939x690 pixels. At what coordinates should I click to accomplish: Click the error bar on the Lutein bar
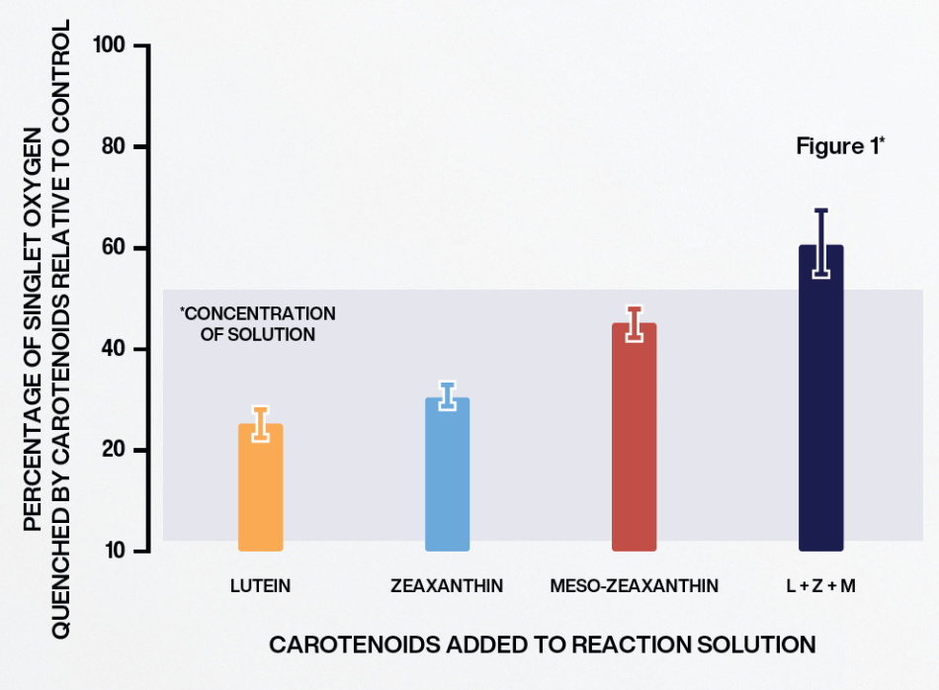(x=261, y=424)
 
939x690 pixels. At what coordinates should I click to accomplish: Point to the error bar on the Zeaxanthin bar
(x=447, y=396)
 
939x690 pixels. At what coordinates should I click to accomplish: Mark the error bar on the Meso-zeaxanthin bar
(x=635, y=324)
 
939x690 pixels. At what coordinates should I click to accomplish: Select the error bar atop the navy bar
(x=820, y=242)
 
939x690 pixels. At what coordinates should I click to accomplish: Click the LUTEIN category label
(x=260, y=586)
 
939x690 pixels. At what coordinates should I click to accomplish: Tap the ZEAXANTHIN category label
(x=447, y=586)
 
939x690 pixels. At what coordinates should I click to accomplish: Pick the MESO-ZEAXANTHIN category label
(x=635, y=586)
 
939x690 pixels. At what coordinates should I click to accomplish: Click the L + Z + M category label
(x=820, y=586)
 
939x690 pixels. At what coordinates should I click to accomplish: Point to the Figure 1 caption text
(x=840, y=147)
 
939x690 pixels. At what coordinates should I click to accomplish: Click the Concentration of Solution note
(x=258, y=324)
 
